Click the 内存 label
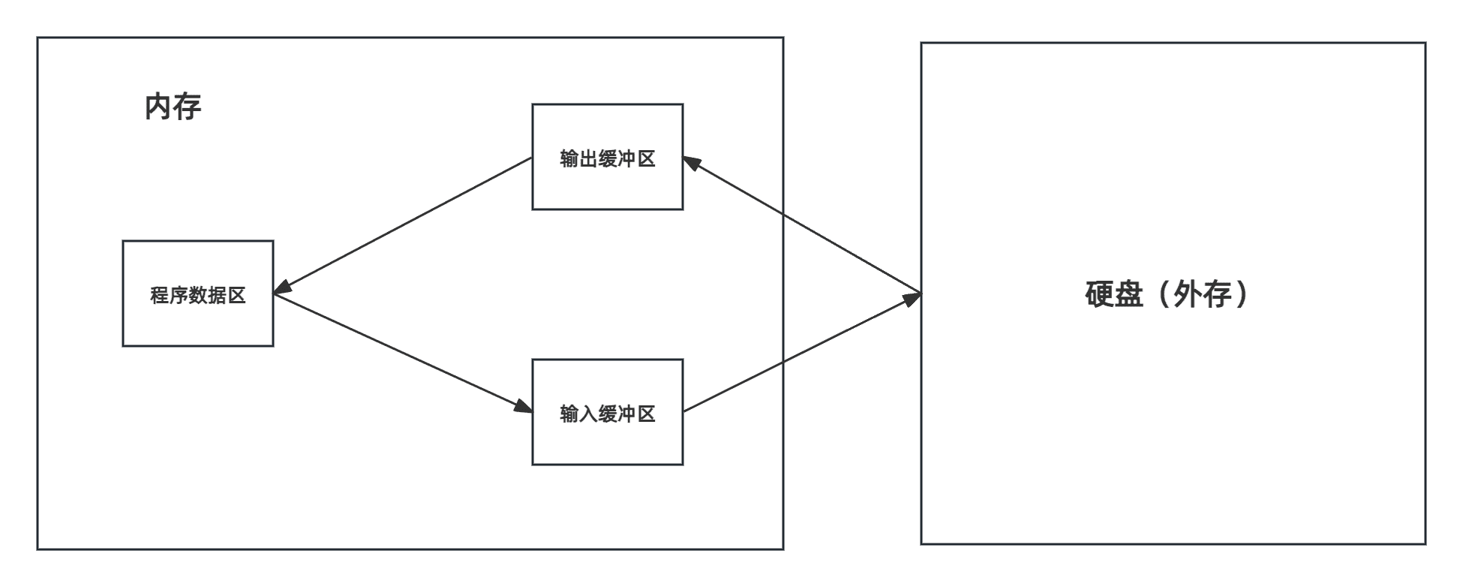[x=173, y=107]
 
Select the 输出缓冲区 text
[x=608, y=158]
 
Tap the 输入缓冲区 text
[x=608, y=414]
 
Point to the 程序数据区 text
[x=198, y=295]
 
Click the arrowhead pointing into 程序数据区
[x=284, y=287]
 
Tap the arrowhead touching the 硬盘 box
[x=911, y=298]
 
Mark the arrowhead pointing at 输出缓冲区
[x=692, y=163]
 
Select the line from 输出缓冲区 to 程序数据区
[x=403, y=226]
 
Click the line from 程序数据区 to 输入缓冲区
[x=403, y=353]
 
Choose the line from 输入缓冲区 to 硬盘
[x=802, y=352]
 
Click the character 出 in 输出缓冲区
[x=588, y=158]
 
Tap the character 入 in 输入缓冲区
[x=588, y=414]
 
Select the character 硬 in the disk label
[x=1100, y=294]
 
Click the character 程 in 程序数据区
[x=160, y=295]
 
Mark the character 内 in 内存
[x=158, y=107]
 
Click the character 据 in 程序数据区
[x=218, y=295]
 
